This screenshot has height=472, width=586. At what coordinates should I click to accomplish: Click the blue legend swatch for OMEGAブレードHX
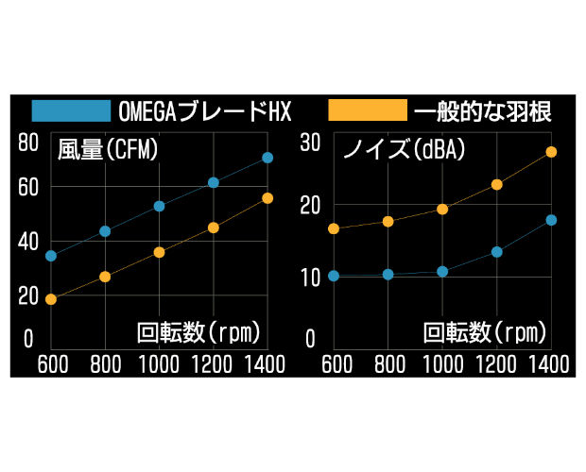pos(71,110)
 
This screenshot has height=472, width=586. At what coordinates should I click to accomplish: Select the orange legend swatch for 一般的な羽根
pos(367,110)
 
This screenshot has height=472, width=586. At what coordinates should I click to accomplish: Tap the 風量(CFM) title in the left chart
pos(107,150)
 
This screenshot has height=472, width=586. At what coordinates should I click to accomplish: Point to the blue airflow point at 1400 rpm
pos(267,158)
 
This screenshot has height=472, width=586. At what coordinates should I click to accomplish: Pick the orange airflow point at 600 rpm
pos(51,299)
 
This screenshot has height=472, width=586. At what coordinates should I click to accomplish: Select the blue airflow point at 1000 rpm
pos(160,206)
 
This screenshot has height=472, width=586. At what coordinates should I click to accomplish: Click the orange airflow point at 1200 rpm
pos(214,228)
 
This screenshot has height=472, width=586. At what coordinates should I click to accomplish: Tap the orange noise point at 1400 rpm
pos(551,152)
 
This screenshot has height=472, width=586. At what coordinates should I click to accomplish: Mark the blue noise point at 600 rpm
pos(333,276)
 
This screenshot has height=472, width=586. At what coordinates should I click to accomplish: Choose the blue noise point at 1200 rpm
pos(496,252)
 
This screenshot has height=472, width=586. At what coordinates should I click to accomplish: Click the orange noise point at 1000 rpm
pos(442,209)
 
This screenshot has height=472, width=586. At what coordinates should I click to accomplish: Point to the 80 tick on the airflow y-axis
pos(27,143)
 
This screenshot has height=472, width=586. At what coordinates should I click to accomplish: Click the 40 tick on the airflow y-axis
pos(27,241)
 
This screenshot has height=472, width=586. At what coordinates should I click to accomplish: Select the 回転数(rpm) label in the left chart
pos(198,332)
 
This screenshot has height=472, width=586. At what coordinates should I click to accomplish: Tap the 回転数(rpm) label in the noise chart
pos(484,332)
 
